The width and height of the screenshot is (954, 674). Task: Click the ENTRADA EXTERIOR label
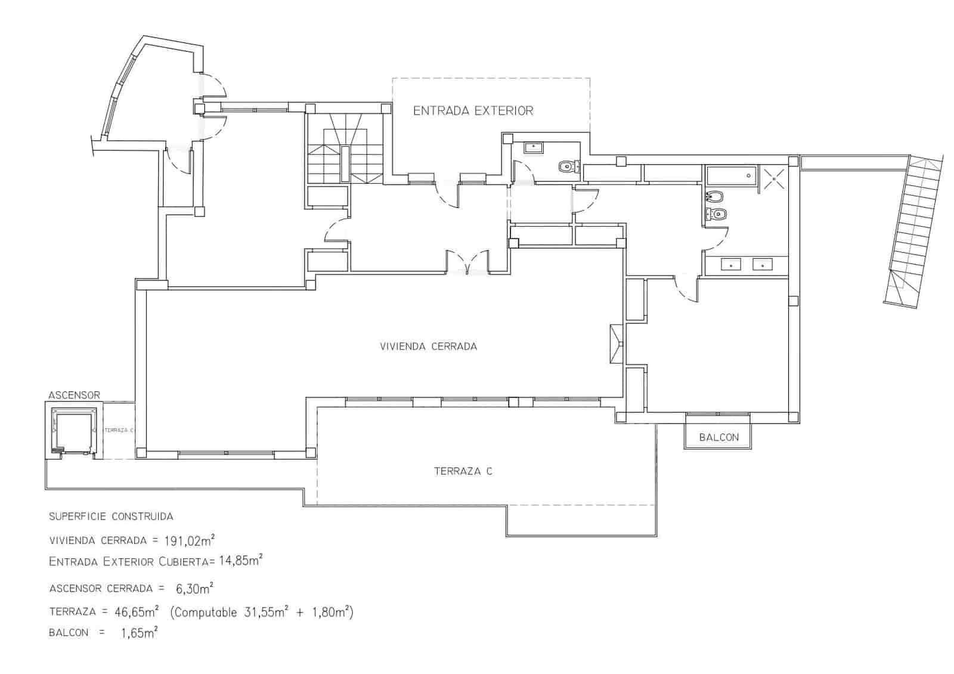pyautogui.click(x=473, y=111)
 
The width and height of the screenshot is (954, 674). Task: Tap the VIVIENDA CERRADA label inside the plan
pyautogui.click(x=429, y=347)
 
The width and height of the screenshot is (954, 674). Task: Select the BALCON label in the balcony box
pyautogui.click(x=719, y=437)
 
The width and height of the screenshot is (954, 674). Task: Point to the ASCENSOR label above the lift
pyautogui.click(x=74, y=395)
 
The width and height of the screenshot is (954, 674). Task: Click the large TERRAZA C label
pyautogui.click(x=463, y=471)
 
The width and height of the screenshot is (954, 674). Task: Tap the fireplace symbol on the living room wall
pyautogui.click(x=617, y=344)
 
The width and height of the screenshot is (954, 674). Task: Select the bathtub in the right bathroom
pyautogui.click(x=731, y=175)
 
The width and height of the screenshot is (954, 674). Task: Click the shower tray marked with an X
pyautogui.click(x=774, y=178)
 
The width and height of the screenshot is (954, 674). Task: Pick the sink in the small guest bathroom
pyautogui.click(x=534, y=147)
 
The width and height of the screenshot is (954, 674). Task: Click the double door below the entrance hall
pyautogui.click(x=467, y=262)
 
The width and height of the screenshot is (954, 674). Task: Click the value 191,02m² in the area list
pyautogui.click(x=190, y=540)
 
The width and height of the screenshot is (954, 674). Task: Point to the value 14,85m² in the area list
pyautogui.click(x=241, y=560)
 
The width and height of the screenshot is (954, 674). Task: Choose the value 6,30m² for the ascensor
pyautogui.click(x=194, y=588)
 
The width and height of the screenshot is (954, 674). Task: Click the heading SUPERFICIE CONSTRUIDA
pyautogui.click(x=111, y=517)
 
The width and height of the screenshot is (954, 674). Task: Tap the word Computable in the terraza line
pyautogui.click(x=205, y=613)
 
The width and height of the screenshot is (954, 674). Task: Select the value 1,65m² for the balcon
pyautogui.click(x=140, y=633)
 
